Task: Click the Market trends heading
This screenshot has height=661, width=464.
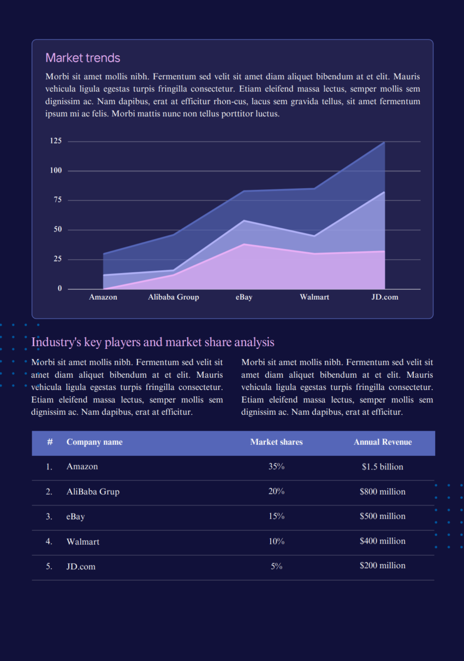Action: pos(83,58)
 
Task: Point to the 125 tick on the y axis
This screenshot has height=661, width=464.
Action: pos(56,141)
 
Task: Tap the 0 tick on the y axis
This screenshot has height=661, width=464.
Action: pos(60,289)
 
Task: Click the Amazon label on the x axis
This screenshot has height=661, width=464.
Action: pos(103,297)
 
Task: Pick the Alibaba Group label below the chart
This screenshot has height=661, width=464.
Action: pos(174,297)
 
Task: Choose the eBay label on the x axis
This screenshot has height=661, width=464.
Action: pos(244,297)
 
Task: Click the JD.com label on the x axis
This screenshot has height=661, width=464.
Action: pos(385,297)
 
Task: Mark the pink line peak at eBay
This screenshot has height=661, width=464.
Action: pos(244,244)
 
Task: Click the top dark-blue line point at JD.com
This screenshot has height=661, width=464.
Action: pos(384,142)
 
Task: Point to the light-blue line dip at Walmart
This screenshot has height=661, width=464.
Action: pos(314,236)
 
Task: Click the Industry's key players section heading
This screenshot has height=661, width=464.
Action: pos(153,342)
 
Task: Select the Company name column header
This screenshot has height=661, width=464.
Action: pos(94,442)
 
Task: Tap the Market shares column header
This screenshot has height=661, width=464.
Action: pos(276,442)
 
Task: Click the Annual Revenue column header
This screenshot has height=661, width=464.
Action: pos(383,442)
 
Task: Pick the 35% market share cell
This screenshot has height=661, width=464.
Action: pos(276,467)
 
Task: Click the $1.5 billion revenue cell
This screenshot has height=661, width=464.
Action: pos(383,467)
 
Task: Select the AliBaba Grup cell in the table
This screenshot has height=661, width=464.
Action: pos(93,492)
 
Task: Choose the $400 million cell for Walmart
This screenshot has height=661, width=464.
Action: pos(383,541)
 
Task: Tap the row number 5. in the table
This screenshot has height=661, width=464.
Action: pos(49,567)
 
